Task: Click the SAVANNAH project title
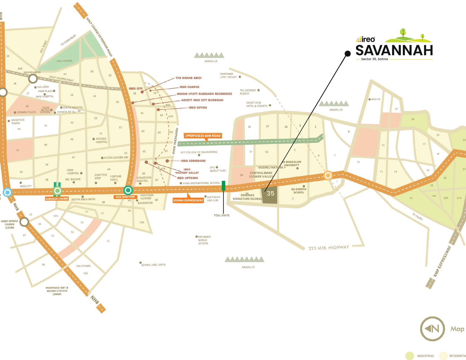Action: tap(394, 50)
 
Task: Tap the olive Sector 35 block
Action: tap(270, 195)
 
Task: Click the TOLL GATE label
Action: tap(222, 215)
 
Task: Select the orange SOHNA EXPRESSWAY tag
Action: tap(188, 200)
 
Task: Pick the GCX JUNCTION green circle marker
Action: tap(128, 190)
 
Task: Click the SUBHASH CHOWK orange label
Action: tap(57, 199)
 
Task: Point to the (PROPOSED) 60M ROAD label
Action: tap(203, 136)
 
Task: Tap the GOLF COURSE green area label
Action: tap(64, 61)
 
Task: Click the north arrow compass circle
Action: tap(432, 329)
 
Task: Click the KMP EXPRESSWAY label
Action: tap(442, 261)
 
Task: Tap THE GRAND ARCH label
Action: tap(188, 78)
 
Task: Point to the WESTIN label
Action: tap(376, 99)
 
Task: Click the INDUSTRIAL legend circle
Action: tap(409, 356)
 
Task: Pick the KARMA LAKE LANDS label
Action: tap(153, 265)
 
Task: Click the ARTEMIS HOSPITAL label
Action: tap(101, 140)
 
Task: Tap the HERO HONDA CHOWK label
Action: tap(9, 224)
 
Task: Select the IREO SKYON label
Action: tap(198, 108)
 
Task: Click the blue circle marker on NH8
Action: tap(7, 192)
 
